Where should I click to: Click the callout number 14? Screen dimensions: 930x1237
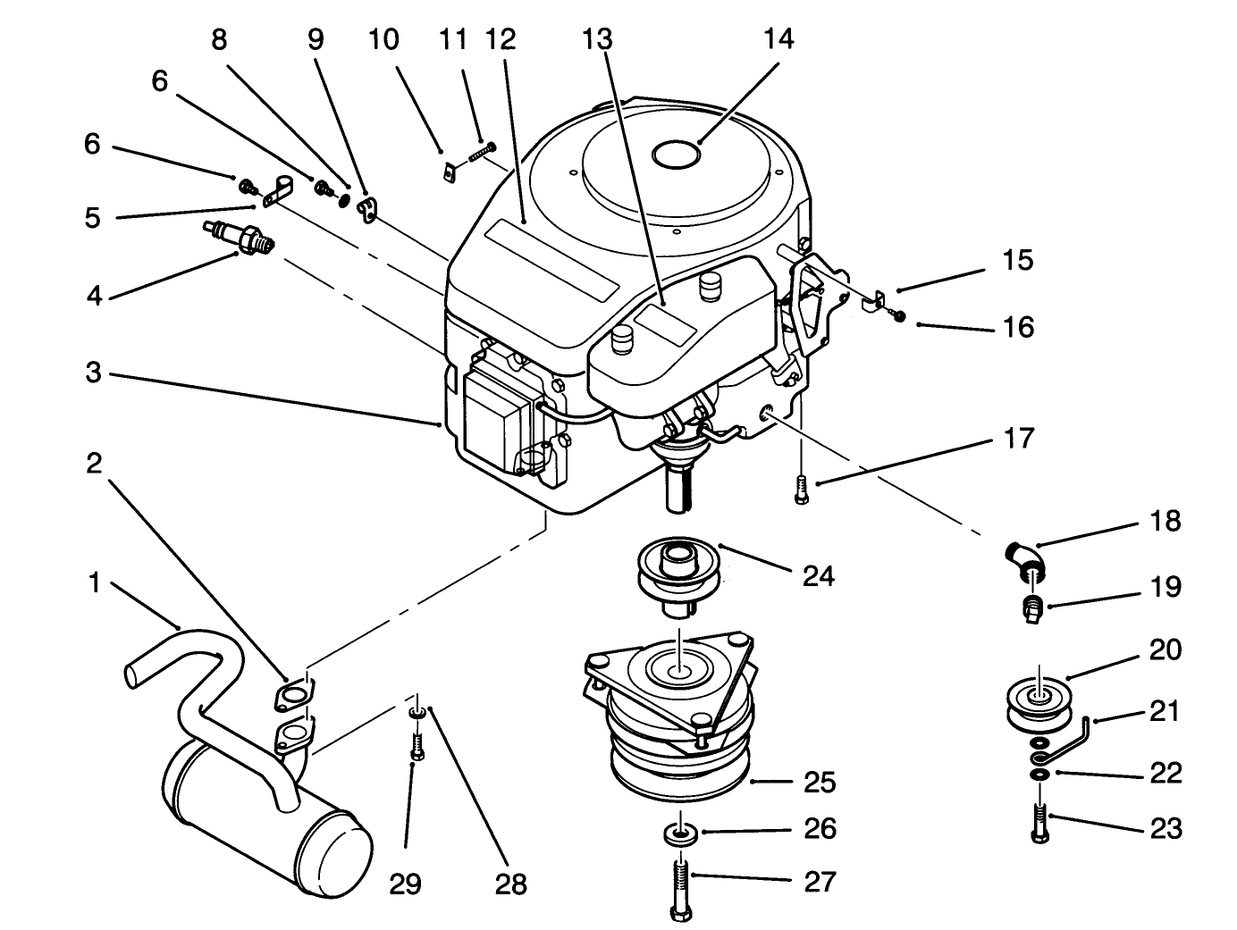(x=778, y=39)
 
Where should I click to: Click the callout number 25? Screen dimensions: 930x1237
(x=819, y=783)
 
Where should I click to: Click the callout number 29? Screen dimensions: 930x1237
(x=405, y=884)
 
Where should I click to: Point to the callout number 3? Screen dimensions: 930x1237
(x=93, y=373)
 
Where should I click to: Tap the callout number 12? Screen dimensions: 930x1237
(x=501, y=39)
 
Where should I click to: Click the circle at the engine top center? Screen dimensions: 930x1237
(x=675, y=155)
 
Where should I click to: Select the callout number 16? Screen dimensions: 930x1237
(x=1018, y=327)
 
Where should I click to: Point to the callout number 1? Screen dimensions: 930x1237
(x=93, y=584)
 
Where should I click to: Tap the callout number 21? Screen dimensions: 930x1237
(x=1165, y=711)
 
